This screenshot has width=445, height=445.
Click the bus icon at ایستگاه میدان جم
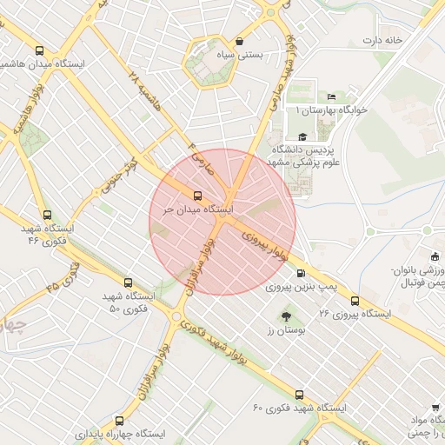(x=197, y=196)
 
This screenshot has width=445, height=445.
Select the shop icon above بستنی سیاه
(x=239, y=41)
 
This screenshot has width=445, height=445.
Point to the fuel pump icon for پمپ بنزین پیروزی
(x=301, y=272)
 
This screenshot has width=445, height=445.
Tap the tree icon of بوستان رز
(x=286, y=316)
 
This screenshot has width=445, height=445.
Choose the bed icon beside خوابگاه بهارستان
(x=330, y=96)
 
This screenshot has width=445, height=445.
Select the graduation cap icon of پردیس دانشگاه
(x=302, y=136)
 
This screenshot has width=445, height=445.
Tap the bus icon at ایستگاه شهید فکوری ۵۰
(x=128, y=282)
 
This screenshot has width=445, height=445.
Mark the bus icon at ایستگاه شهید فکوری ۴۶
(x=47, y=215)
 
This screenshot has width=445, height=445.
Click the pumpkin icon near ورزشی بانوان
(x=435, y=256)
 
